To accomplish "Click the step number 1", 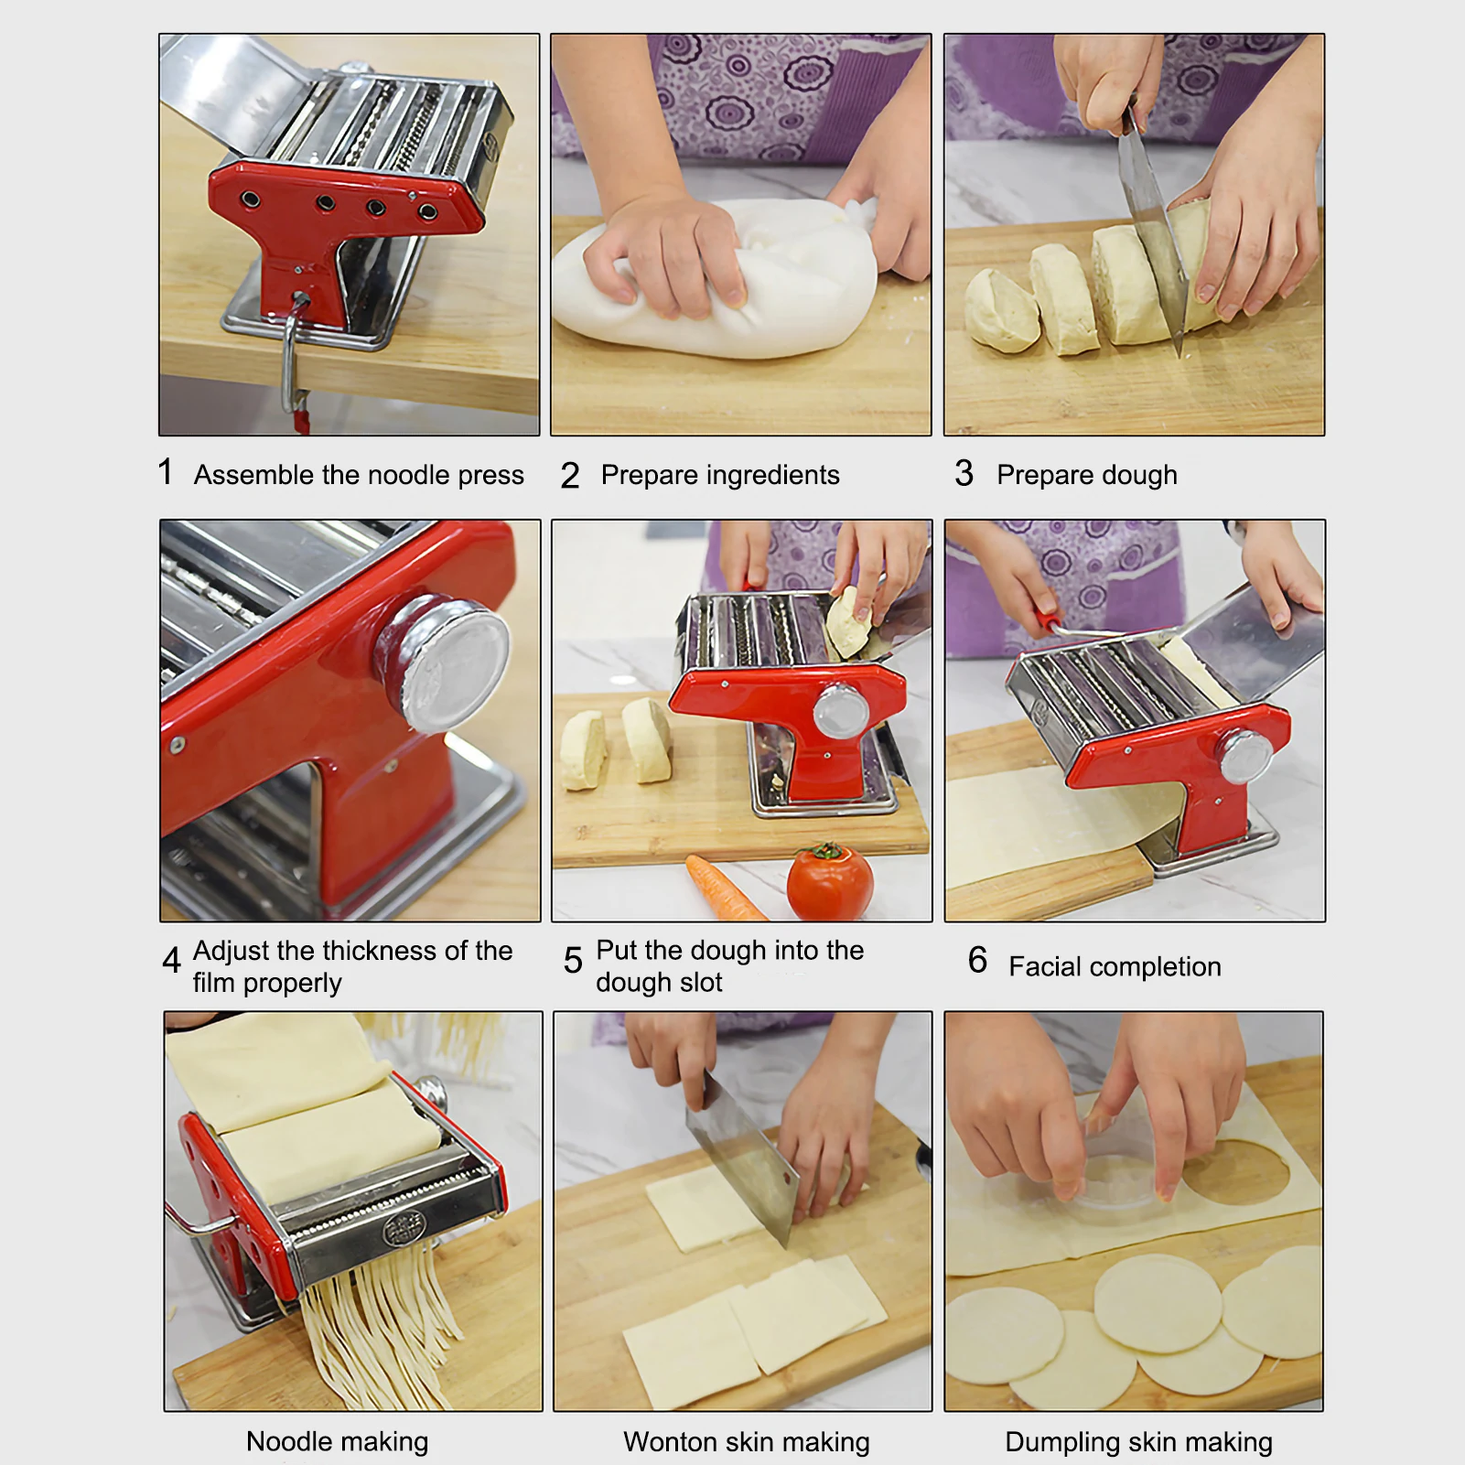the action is (x=165, y=472).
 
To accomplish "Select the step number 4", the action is (x=171, y=961).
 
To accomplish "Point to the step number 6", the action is (x=977, y=960).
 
